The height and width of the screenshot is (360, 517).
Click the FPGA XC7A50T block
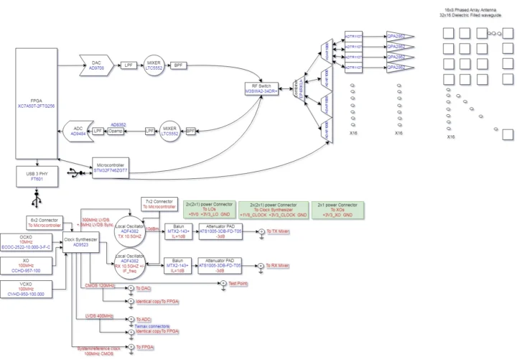[34, 103]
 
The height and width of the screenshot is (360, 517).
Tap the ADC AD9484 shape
[78, 131]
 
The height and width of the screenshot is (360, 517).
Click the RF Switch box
[261, 90]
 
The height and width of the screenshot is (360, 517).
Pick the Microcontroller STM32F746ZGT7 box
[111, 167]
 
